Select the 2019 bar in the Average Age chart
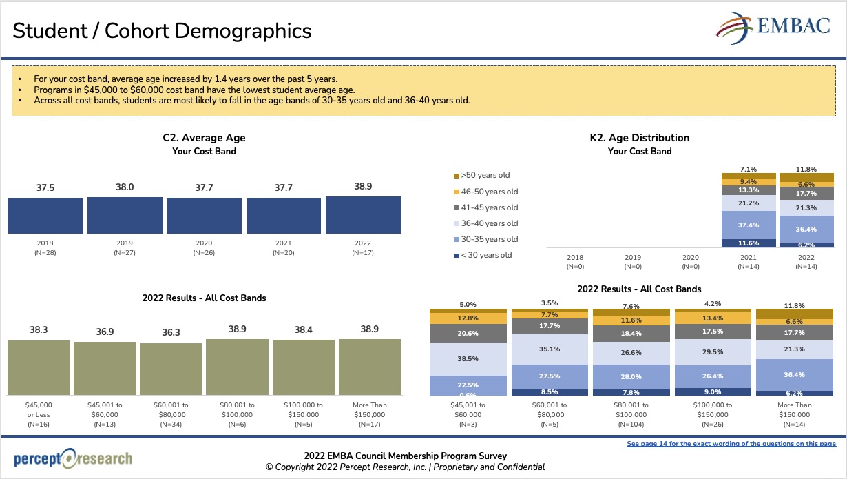click(x=125, y=215)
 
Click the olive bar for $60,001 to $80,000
click(x=171, y=369)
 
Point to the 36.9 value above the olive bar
click(x=105, y=332)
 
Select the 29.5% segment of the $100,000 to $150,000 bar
click(x=712, y=351)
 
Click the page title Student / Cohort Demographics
click(x=162, y=30)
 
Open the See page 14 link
click(x=731, y=444)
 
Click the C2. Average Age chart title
click(x=204, y=138)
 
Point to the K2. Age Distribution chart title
click(x=639, y=138)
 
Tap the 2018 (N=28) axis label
click(x=45, y=247)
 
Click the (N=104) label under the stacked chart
click(x=630, y=425)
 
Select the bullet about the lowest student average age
click(x=195, y=90)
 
